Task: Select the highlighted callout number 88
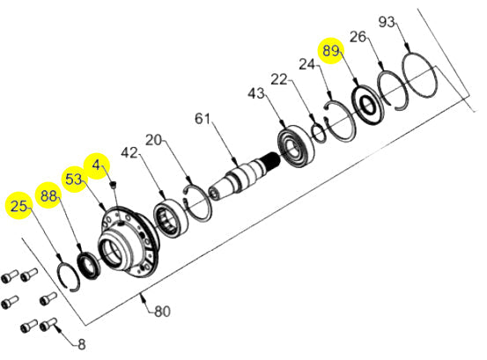tap(47, 195)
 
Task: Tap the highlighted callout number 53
tap(74, 179)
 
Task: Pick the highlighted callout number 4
tap(96, 164)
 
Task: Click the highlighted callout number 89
tap(330, 51)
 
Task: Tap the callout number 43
tap(256, 92)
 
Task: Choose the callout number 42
tap(130, 153)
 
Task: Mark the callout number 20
tap(155, 141)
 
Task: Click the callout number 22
tap(279, 80)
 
